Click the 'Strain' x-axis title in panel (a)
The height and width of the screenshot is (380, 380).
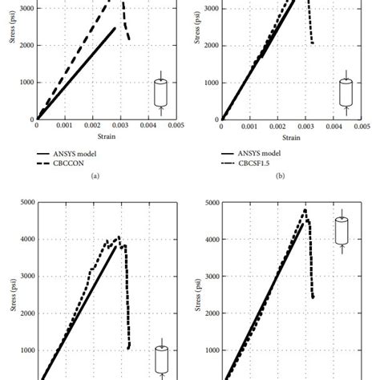coord(106,137)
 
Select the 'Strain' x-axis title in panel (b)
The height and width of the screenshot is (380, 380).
coord(290,137)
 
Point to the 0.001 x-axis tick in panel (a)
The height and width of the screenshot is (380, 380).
coord(65,126)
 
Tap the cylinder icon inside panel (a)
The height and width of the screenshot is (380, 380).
coord(160,91)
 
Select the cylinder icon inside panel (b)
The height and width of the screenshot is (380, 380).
coord(346,91)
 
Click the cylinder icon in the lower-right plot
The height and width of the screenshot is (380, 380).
coord(342,231)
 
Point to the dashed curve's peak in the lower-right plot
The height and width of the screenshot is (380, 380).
coord(305,210)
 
